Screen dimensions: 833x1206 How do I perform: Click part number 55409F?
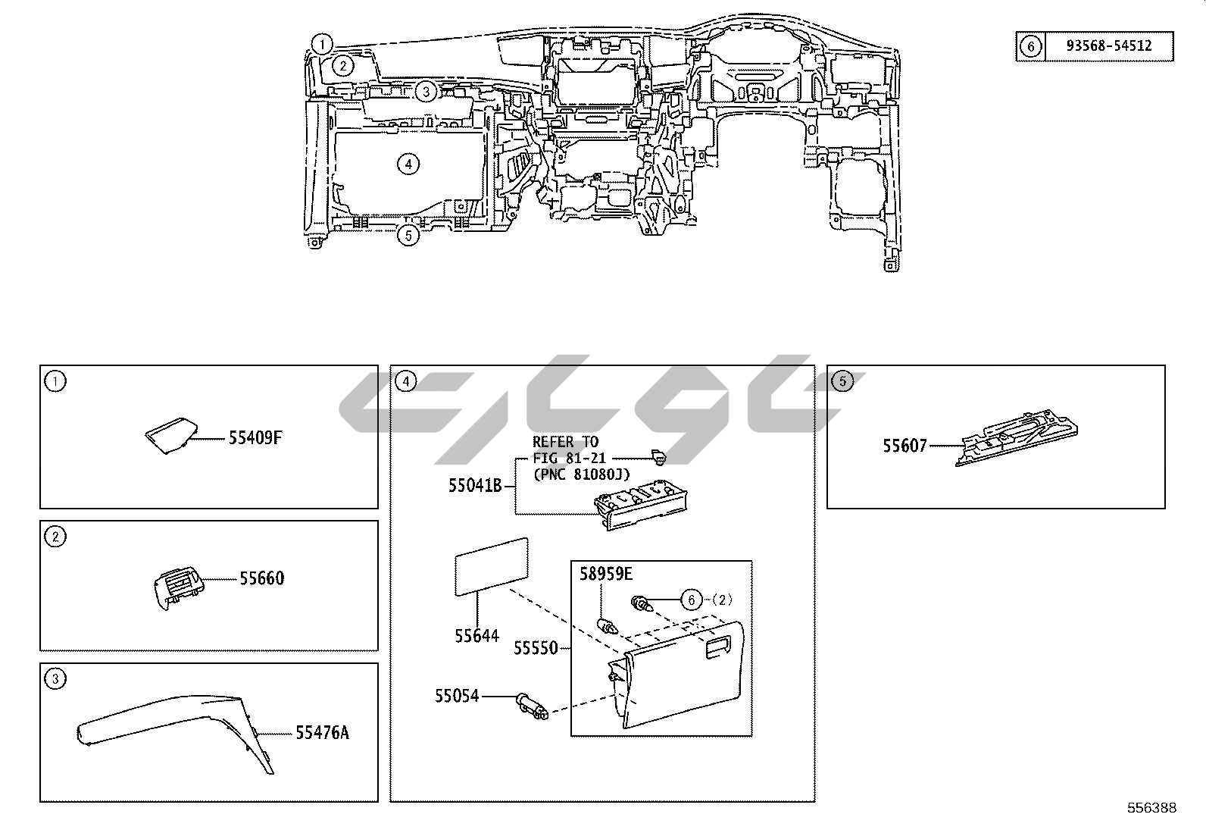tap(255, 438)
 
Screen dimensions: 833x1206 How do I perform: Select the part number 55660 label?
tap(261, 578)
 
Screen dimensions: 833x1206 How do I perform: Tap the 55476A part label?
tap(322, 732)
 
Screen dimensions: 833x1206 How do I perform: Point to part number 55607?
tap(904, 446)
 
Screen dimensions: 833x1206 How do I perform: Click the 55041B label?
tap(475, 486)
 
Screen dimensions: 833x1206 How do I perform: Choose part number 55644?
tap(477, 635)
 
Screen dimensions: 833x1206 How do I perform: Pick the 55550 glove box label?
tap(536, 648)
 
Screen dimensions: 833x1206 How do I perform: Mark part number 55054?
tap(457, 695)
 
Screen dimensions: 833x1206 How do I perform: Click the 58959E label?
tap(606, 574)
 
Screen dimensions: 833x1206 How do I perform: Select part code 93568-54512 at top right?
tap(1108, 45)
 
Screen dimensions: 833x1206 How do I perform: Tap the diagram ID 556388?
tap(1151, 808)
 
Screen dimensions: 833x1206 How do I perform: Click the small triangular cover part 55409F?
tap(168, 437)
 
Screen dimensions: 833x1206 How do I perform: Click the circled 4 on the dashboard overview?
tap(408, 164)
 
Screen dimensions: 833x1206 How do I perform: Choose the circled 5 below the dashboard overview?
tap(408, 236)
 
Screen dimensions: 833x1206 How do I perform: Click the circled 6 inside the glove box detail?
tap(691, 600)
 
